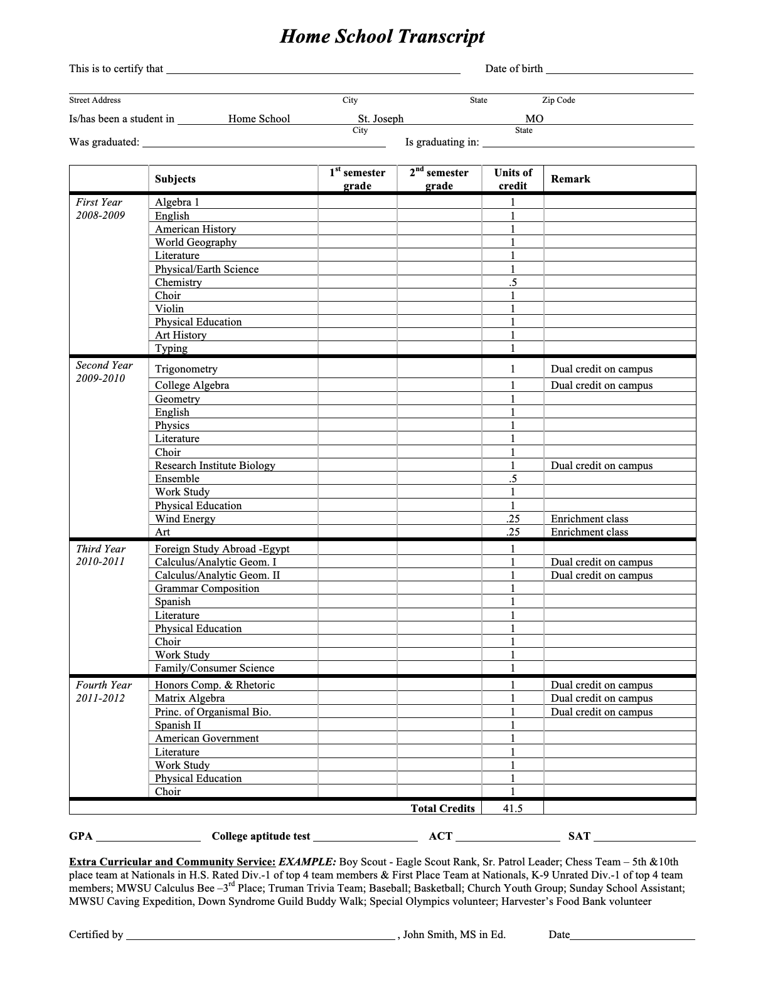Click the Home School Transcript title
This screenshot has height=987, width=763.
[x=381, y=36]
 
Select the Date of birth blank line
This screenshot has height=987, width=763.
[x=619, y=70]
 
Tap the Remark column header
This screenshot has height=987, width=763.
[x=570, y=179]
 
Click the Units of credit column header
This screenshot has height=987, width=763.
[x=513, y=179]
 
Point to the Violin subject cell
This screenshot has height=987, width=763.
[x=169, y=309]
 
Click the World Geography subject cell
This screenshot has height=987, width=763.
[x=196, y=242]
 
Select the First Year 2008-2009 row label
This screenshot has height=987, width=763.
[x=100, y=209]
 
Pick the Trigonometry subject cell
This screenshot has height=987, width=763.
[x=186, y=369]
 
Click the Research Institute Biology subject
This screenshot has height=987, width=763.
[x=215, y=465]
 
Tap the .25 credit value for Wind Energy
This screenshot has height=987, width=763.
[x=513, y=519]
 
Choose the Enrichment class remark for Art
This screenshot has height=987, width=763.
[x=589, y=532]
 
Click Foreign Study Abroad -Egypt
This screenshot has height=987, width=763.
[x=222, y=549]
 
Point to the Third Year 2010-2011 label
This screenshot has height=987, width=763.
[x=100, y=555]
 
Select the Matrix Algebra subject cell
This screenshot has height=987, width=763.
[x=189, y=698]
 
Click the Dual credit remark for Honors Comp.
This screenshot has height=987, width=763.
[x=602, y=685]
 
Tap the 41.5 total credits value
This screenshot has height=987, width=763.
[x=513, y=808]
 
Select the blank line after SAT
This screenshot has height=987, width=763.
[x=644, y=838]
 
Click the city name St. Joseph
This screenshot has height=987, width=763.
[x=381, y=119]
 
